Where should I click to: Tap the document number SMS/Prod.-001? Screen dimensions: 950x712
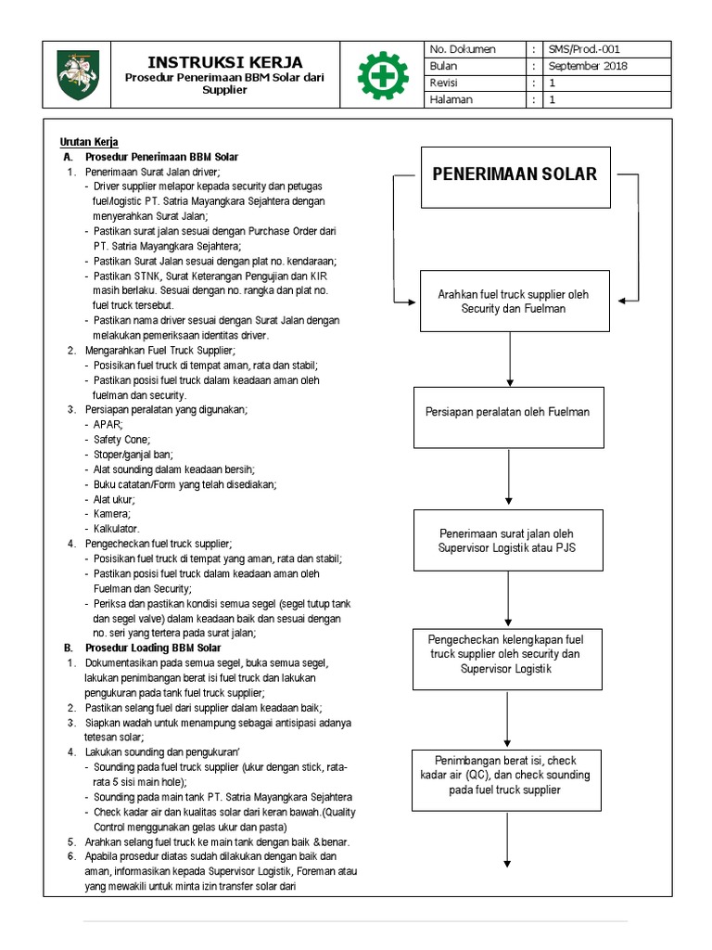[588, 49]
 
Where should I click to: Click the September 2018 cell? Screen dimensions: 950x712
[587, 66]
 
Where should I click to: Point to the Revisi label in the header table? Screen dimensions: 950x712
[444, 83]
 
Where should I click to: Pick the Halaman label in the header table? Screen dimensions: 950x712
[450, 100]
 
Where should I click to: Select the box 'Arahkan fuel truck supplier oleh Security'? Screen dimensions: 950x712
[513, 301]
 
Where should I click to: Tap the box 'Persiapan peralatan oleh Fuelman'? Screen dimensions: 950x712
[507, 412]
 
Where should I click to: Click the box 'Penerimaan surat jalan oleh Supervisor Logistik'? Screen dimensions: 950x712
[508, 540]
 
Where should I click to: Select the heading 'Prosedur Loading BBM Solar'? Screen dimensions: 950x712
[153, 648]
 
